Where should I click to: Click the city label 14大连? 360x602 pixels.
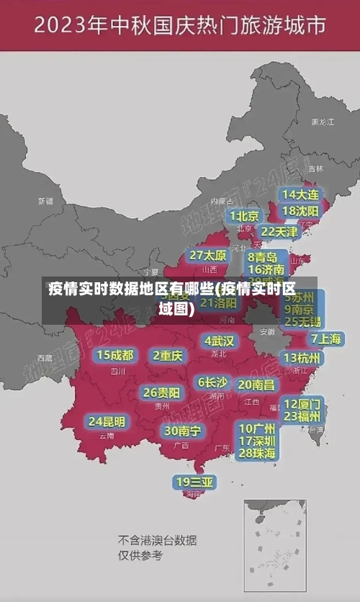tap(300, 194)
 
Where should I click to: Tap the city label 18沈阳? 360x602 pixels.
tap(300, 211)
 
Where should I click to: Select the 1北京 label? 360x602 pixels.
tap(245, 216)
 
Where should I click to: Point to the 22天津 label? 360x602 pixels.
tap(279, 232)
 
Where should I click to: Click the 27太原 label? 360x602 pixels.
tap(208, 256)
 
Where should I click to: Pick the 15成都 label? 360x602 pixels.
tap(115, 355)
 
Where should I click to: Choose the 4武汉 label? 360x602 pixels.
tap(220, 341)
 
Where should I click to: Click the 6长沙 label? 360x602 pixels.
tap(213, 382)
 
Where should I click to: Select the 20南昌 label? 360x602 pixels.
tap(256, 385)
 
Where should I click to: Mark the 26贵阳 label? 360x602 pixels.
tap(161, 393)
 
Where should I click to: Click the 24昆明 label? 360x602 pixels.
tap(107, 421)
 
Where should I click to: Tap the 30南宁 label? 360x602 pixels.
tap(183, 431)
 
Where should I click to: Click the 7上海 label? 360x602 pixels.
tap(325, 338)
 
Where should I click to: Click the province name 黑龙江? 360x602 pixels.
tap(322, 122)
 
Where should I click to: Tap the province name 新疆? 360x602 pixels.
tap(45, 201)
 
